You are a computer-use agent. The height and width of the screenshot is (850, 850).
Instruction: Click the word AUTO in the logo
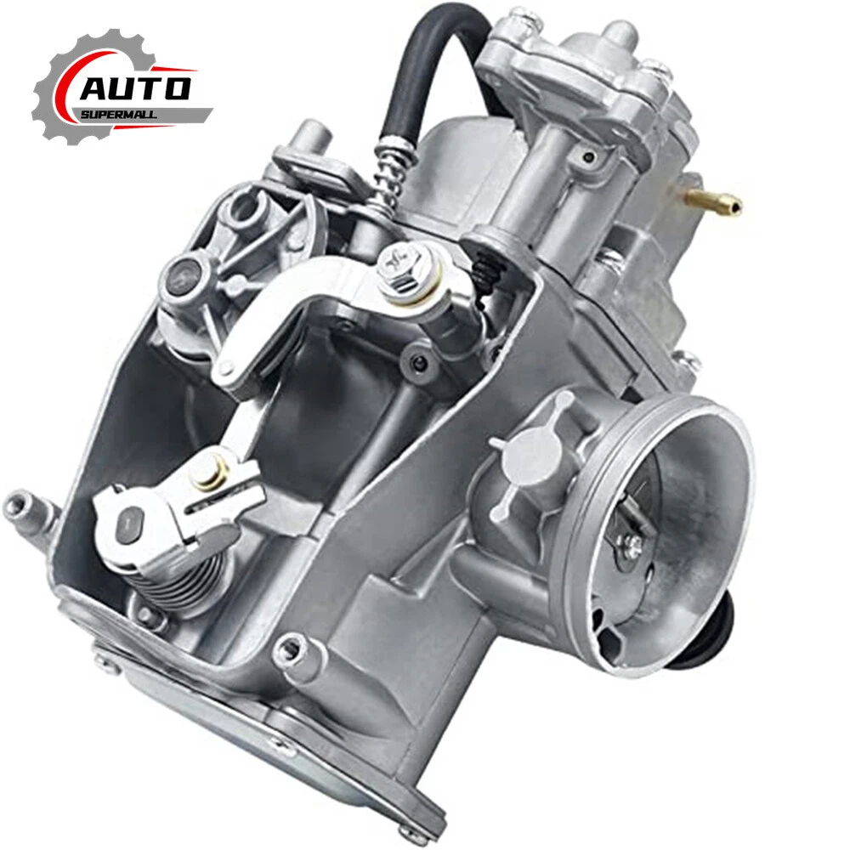pyautogui.click(x=135, y=89)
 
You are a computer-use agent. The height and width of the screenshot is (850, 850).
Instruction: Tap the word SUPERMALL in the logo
pyautogui.click(x=119, y=115)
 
